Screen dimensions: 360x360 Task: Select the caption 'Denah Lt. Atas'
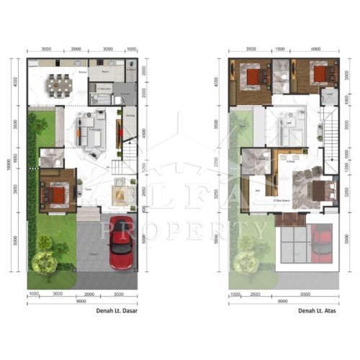(318, 312)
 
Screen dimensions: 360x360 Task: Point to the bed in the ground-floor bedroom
(56, 193)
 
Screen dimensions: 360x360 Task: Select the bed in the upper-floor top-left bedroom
(252, 76)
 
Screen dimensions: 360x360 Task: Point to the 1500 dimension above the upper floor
(282, 50)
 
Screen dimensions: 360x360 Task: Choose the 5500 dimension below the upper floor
(305, 294)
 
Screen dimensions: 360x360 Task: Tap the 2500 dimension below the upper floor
(255, 294)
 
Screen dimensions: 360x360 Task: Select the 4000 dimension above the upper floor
(315, 50)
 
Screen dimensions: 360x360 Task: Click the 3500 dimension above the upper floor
(251, 50)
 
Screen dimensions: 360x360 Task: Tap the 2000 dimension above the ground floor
(77, 50)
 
